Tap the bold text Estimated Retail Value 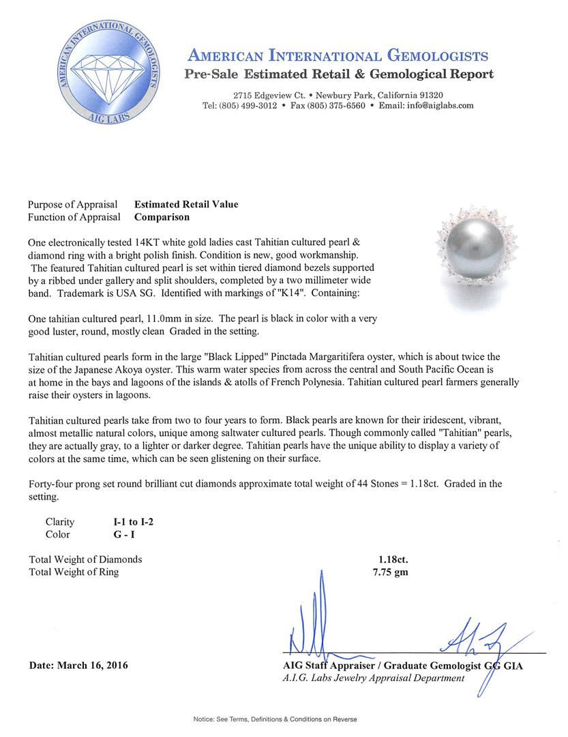(x=186, y=204)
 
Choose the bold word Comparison (x=162, y=217)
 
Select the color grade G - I (x=125, y=535)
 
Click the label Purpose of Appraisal (x=72, y=204)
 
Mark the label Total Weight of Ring (x=74, y=572)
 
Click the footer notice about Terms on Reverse (x=275, y=719)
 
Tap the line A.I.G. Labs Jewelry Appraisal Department (x=373, y=678)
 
